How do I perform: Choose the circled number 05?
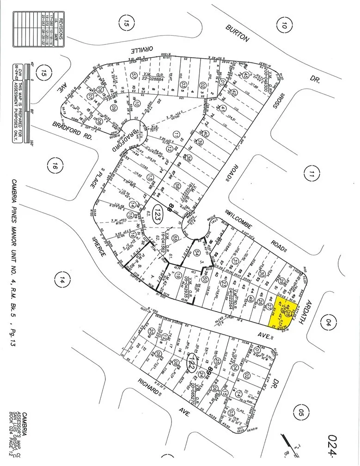coord(302,410)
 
